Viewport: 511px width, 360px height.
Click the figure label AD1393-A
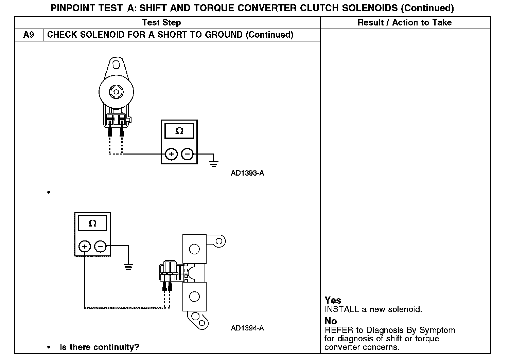[x=247, y=173]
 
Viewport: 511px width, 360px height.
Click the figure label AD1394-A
[x=247, y=328]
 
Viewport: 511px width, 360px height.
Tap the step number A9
[x=29, y=35]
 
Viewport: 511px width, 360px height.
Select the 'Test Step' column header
[x=161, y=23]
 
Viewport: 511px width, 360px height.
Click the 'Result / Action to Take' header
[x=405, y=23]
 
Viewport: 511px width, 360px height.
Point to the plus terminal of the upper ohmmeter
[x=171, y=154]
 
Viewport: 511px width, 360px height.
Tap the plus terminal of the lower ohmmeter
[x=85, y=246]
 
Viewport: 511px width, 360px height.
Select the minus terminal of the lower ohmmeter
[x=100, y=246]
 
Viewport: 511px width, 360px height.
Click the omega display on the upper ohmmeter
[x=179, y=131]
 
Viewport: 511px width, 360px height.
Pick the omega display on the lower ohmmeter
[x=92, y=223]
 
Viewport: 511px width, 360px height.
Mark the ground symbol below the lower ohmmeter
[x=128, y=267]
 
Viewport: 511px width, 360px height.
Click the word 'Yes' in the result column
[x=333, y=300]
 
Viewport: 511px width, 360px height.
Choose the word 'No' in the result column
[x=331, y=321]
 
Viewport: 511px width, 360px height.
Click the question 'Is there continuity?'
[x=100, y=347]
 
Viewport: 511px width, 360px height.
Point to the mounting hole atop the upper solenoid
[x=116, y=65]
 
